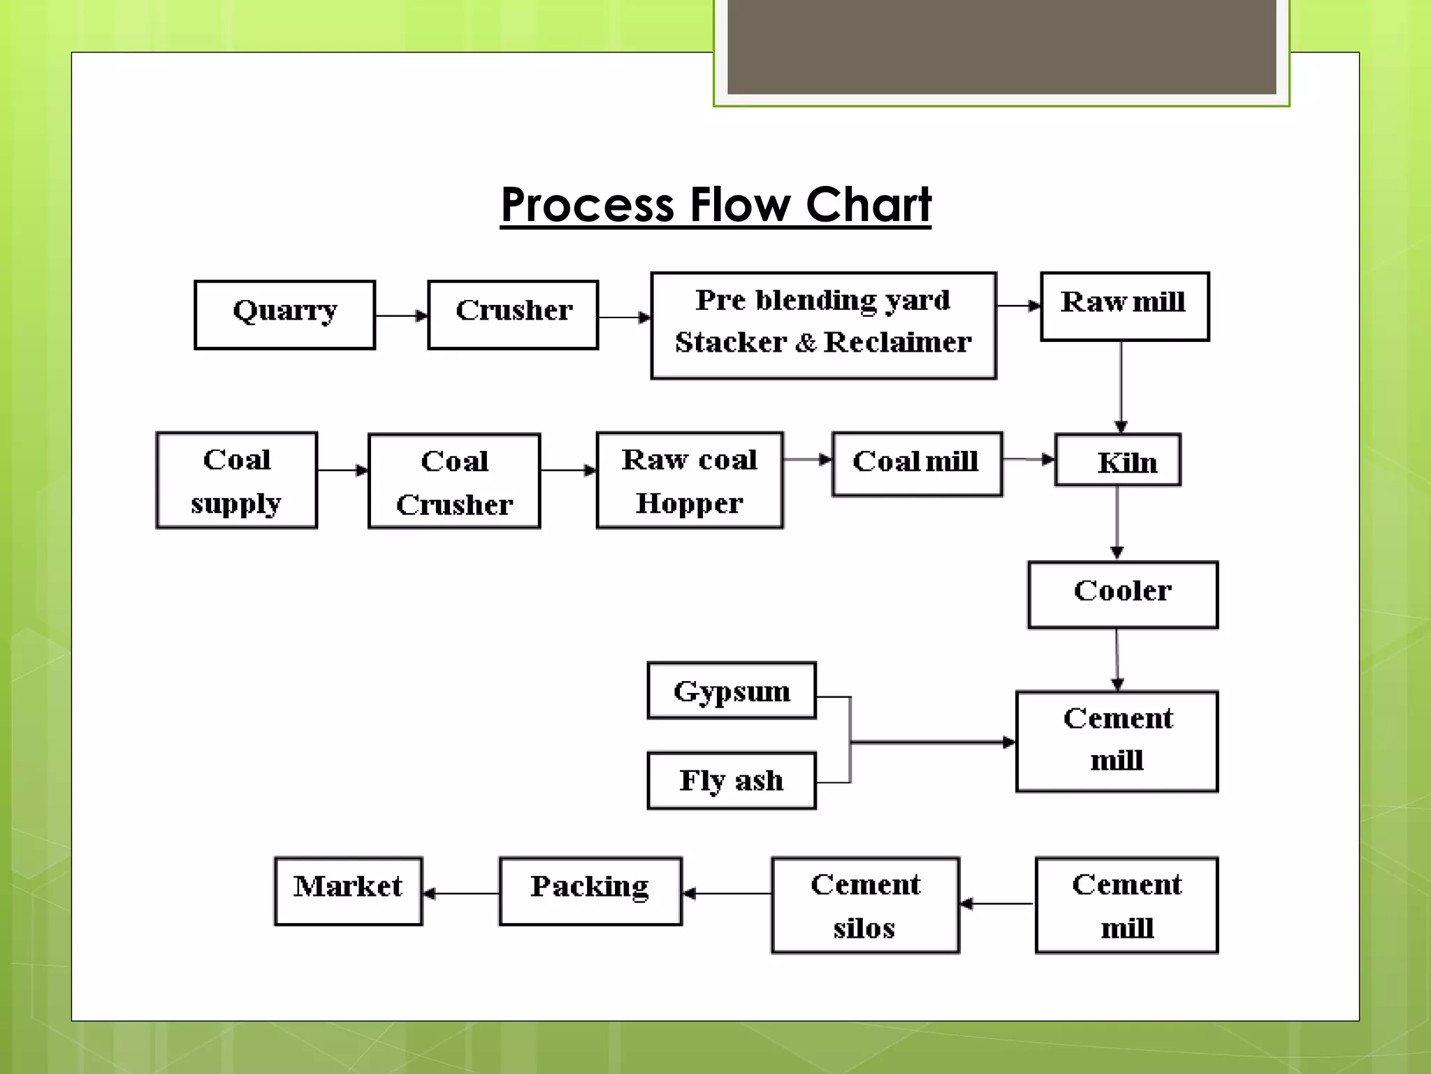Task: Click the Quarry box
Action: coord(284,315)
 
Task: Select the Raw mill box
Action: coord(1124,306)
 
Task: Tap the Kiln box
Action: coord(1117,460)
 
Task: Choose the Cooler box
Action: coord(1122,594)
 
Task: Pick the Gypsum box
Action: coord(732,691)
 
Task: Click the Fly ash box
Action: coord(732,780)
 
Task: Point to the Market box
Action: coord(348,891)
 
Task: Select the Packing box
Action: coord(590,891)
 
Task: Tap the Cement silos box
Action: coord(865,905)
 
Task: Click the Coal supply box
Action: coord(237,480)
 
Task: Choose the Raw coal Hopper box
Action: coord(690,480)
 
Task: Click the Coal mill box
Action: coord(917,464)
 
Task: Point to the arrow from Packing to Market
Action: coord(461,893)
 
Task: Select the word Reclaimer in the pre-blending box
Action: coord(897,343)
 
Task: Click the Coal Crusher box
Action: coord(454,481)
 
